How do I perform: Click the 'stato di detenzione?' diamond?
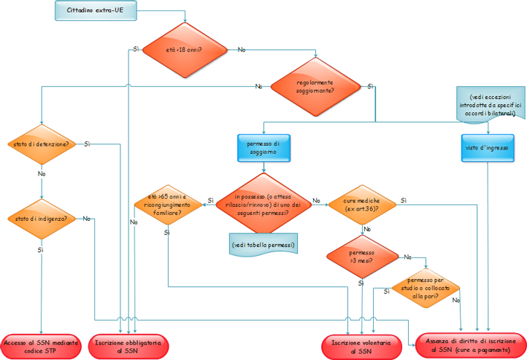[42, 144]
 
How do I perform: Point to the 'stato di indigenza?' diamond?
[42, 219]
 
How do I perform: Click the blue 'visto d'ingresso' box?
[488, 147]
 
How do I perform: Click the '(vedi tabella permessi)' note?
[263, 245]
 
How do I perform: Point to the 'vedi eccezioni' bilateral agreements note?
[488, 106]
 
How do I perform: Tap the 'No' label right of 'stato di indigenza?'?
[87, 219]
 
